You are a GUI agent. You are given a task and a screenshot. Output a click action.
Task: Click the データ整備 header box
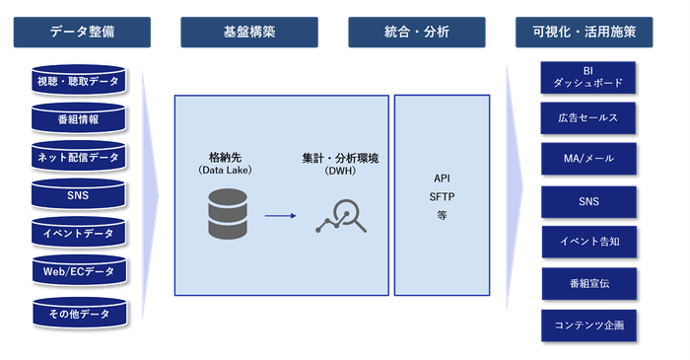82,32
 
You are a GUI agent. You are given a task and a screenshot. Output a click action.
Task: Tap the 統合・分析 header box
416,32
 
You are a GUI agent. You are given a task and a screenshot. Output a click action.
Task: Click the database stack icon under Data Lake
229,214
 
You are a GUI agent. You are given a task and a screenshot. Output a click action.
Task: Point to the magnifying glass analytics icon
341,216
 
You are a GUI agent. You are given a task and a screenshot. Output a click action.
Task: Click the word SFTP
442,196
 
